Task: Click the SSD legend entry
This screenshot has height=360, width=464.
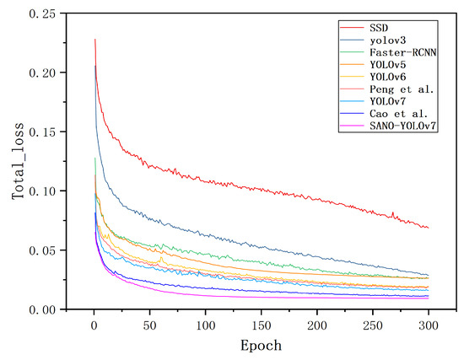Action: [x=379, y=26]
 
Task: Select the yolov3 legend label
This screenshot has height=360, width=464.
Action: [x=386, y=40]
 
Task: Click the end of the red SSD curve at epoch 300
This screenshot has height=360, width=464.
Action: [x=429, y=228]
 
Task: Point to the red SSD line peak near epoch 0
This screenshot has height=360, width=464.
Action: [x=95, y=39]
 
